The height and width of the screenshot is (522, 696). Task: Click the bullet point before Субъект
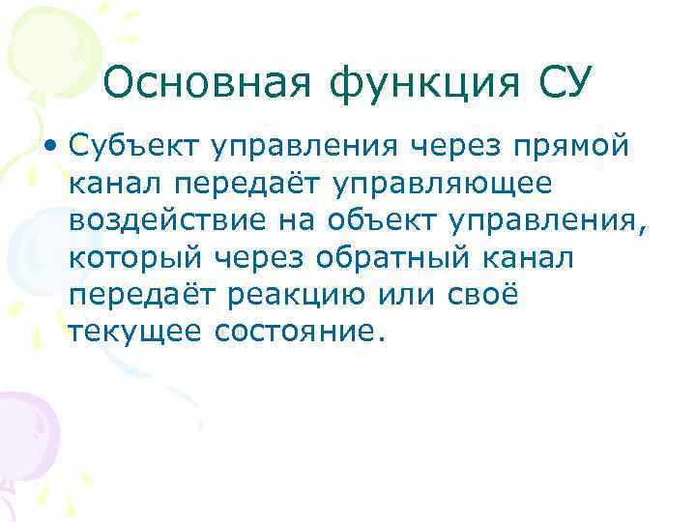[49, 146]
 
